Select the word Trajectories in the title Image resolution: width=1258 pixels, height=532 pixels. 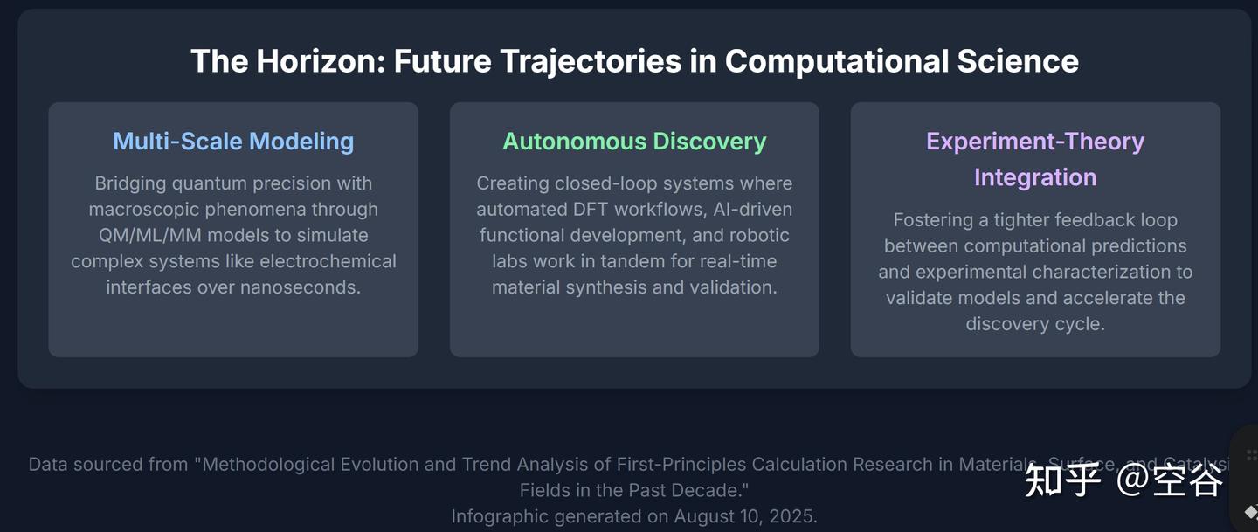click(x=591, y=63)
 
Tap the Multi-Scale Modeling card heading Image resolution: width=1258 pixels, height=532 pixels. click(x=233, y=142)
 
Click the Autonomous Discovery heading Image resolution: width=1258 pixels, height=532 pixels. click(x=634, y=142)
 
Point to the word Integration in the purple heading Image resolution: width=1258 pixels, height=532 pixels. click(x=1035, y=177)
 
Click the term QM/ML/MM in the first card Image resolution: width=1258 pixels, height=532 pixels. click(x=150, y=235)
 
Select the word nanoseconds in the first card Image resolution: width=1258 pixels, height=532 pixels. click(x=300, y=287)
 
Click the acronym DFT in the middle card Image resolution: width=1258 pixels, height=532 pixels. click(x=590, y=210)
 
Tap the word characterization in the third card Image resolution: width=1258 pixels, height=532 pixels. click(x=1097, y=272)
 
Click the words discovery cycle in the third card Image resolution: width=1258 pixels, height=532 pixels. click(x=1035, y=324)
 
